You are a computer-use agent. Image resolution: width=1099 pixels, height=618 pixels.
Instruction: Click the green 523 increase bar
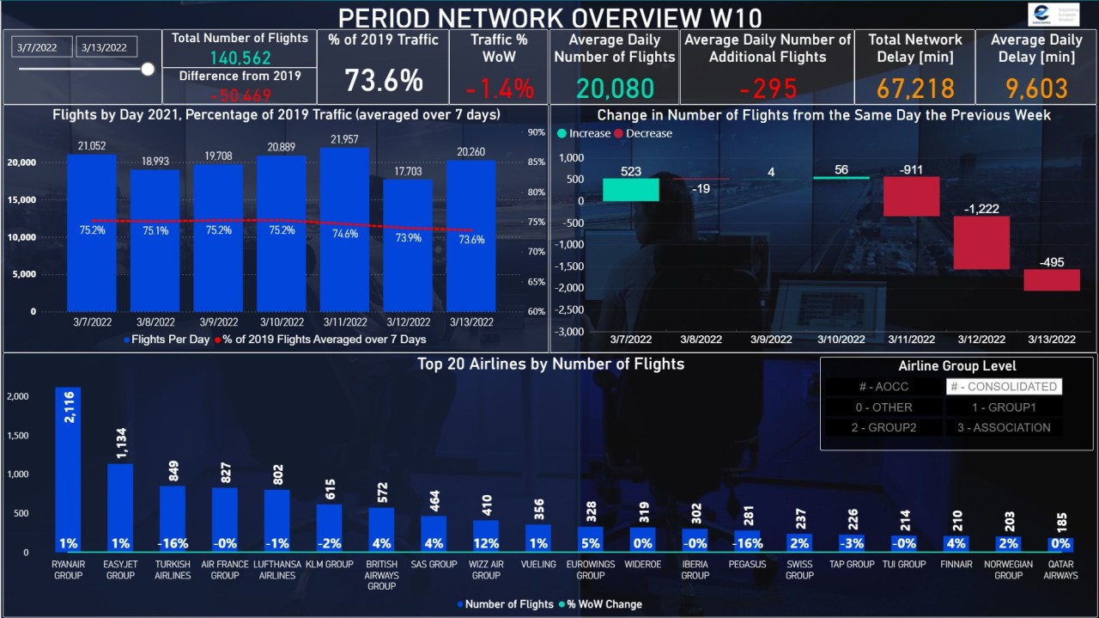631,190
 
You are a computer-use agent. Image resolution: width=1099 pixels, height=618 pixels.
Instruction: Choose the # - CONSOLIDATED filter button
1004,387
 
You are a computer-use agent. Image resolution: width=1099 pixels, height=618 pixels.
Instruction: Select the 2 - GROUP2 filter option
883,427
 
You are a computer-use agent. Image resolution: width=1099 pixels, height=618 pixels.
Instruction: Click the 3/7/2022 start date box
42,47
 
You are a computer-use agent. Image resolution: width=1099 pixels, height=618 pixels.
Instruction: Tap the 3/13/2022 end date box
104,47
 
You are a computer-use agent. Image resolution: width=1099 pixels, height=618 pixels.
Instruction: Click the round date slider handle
148,69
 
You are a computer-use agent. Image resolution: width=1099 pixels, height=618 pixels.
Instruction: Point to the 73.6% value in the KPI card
384,81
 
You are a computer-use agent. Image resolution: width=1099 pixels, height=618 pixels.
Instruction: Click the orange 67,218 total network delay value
915,89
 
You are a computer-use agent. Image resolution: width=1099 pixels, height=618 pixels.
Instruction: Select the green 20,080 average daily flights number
615,89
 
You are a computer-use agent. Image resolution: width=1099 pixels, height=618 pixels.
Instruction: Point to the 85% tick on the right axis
537,162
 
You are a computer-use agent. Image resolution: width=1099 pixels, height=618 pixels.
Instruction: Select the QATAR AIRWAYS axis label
1060,570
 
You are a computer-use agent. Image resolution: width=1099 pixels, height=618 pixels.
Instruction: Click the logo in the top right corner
1053,15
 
